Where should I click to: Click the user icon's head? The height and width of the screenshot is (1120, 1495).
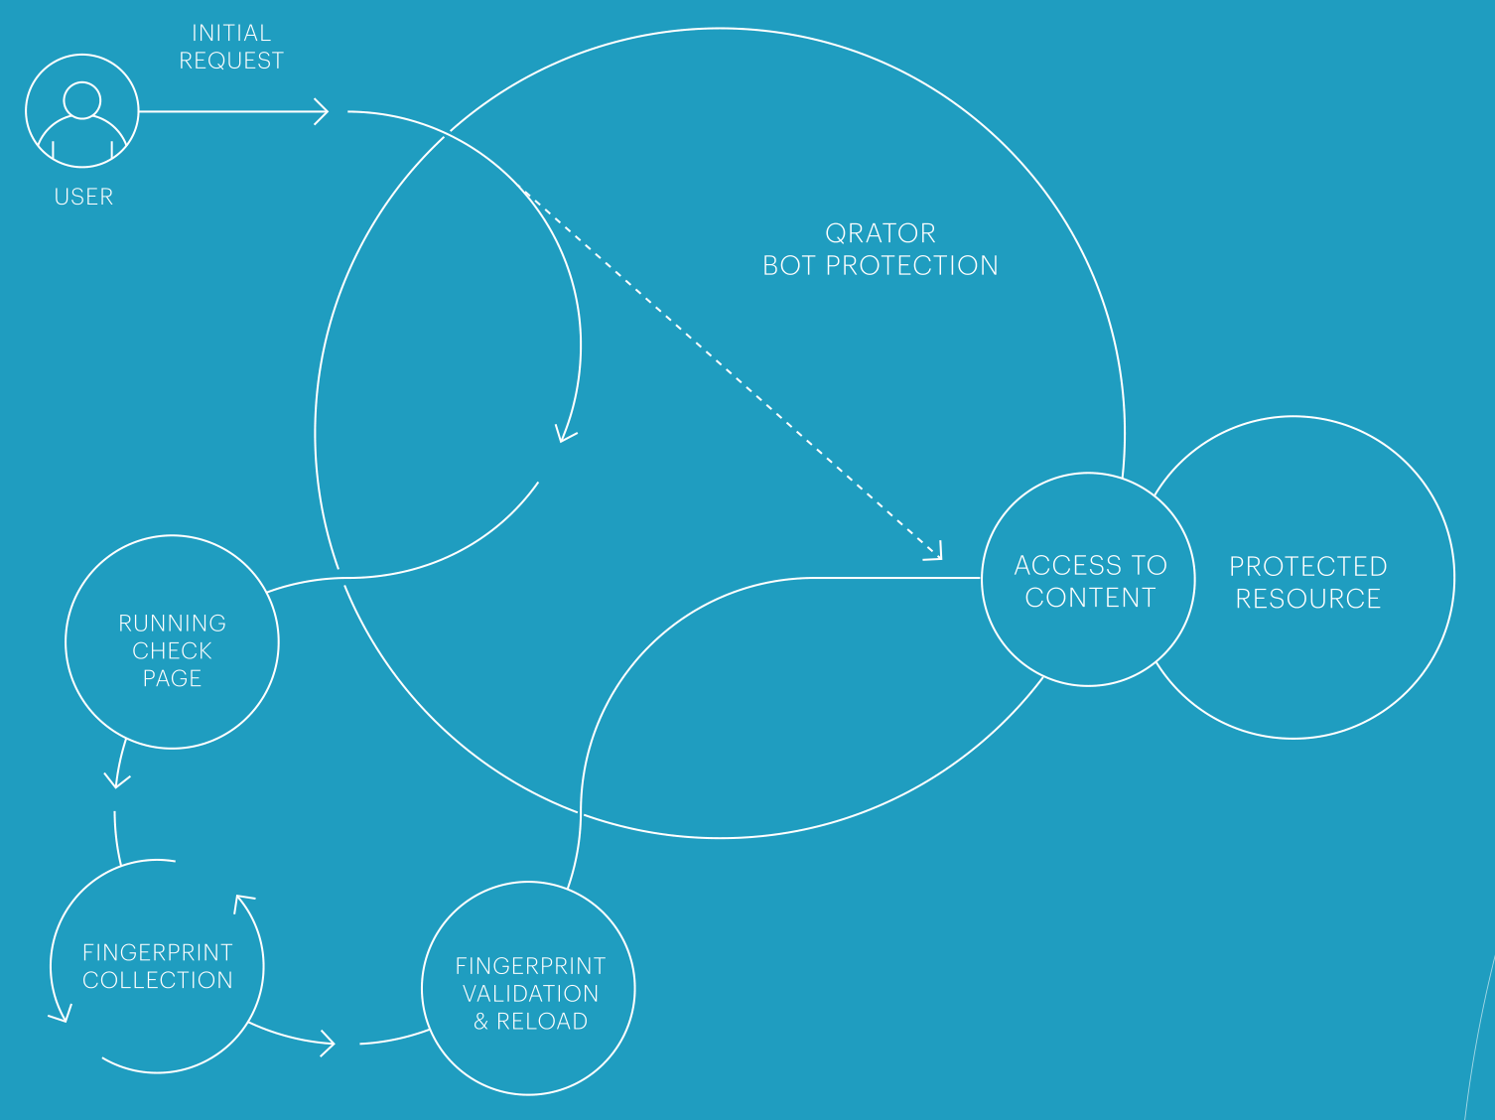pyautogui.click(x=81, y=100)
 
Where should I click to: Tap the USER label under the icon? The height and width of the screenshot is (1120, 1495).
pyautogui.click(x=83, y=197)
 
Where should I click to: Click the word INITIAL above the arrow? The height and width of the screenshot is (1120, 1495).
pyautogui.click(x=231, y=33)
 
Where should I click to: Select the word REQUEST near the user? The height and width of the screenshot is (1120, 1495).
pyautogui.click(x=231, y=61)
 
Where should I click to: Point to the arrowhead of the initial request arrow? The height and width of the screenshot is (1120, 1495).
pyautogui.click(x=322, y=112)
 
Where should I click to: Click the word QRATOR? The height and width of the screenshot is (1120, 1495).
pyautogui.click(x=881, y=233)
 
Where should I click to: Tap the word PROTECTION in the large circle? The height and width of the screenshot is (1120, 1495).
pyautogui.click(x=912, y=266)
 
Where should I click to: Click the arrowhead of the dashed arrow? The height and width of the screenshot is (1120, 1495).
pyautogui.click(x=934, y=552)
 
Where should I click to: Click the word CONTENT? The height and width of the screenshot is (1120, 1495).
pyautogui.click(x=1090, y=598)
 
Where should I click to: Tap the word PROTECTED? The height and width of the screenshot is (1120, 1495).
pyautogui.click(x=1307, y=567)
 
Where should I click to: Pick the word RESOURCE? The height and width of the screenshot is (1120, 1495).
pyautogui.click(x=1307, y=599)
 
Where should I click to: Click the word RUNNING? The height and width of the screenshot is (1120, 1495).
pyautogui.click(x=173, y=624)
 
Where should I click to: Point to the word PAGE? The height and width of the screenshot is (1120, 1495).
pyautogui.click(x=173, y=678)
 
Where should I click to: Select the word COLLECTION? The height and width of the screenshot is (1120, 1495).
pyautogui.click(x=158, y=980)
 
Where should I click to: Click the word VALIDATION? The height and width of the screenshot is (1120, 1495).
pyautogui.click(x=530, y=994)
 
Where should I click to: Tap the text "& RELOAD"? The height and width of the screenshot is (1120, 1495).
pyautogui.click(x=530, y=1022)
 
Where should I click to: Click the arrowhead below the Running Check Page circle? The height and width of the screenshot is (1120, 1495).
pyautogui.click(x=116, y=781)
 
